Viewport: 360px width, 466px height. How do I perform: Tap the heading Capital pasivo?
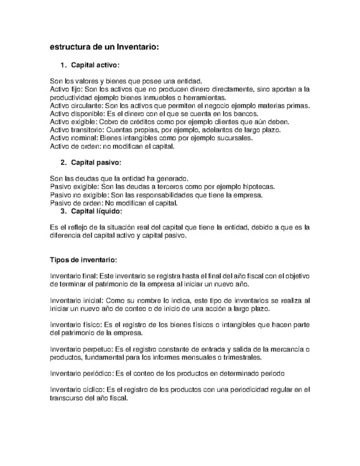point(96,162)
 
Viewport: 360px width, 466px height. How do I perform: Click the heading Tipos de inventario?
point(83,261)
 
